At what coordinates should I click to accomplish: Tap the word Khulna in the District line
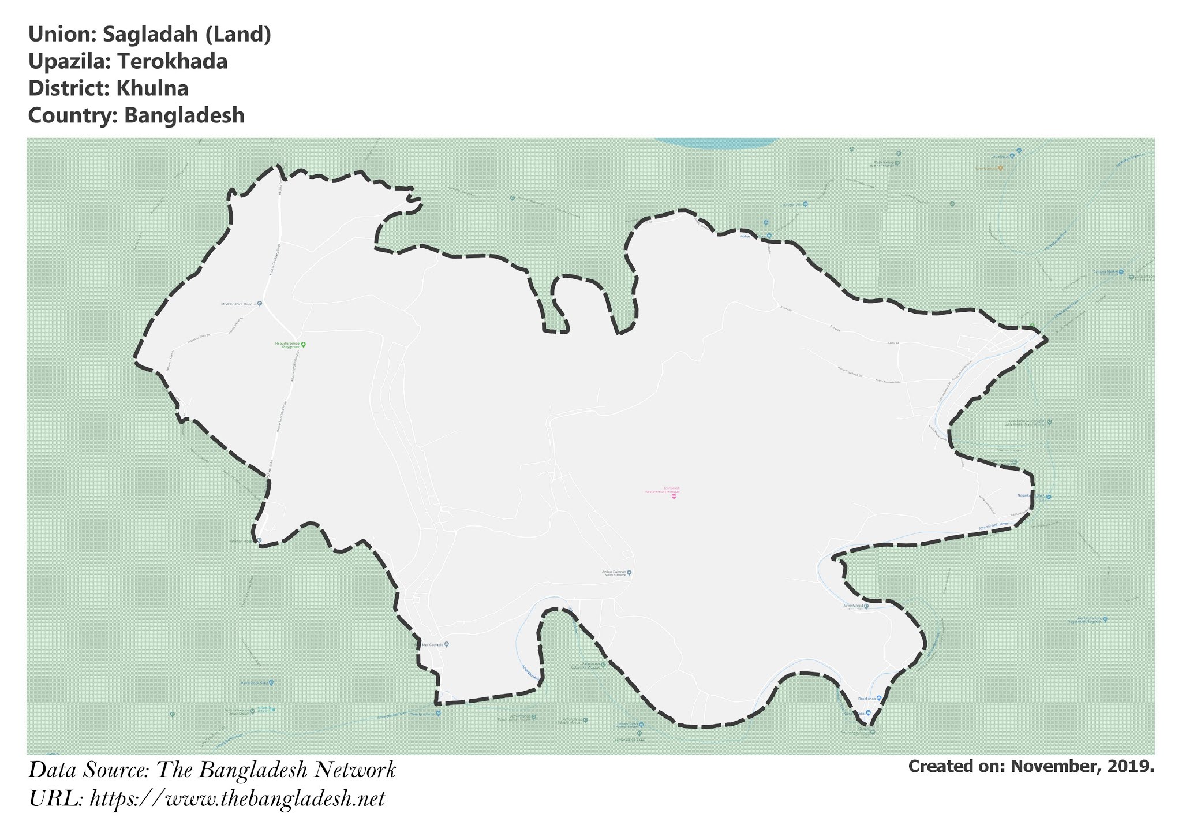pyautogui.click(x=152, y=88)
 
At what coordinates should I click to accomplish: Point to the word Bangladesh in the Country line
pyautogui.click(x=184, y=115)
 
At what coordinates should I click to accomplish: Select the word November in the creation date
pyautogui.click(x=1049, y=766)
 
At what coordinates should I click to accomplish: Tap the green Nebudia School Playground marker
pyautogui.click(x=304, y=345)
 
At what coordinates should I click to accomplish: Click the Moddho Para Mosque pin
pyautogui.click(x=260, y=304)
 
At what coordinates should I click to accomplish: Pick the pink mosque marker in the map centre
pyautogui.click(x=674, y=497)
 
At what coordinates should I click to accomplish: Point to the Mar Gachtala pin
pyautogui.click(x=446, y=644)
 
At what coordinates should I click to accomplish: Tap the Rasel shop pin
pyautogui.click(x=879, y=698)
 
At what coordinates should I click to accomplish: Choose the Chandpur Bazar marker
pyautogui.click(x=438, y=714)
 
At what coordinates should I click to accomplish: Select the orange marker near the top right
pyautogui.click(x=1000, y=168)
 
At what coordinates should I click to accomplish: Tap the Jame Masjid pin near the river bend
pyautogui.click(x=866, y=606)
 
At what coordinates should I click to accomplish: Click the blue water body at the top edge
pyautogui.click(x=716, y=143)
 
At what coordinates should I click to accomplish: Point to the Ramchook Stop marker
pyautogui.click(x=271, y=682)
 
